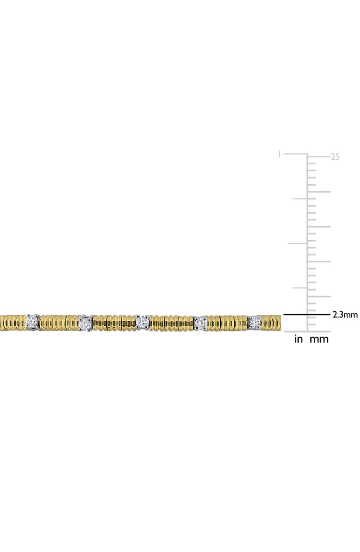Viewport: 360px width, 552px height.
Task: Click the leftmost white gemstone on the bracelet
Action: click(x=32, y=321)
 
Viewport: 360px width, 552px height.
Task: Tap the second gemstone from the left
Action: click(x=85, y=322)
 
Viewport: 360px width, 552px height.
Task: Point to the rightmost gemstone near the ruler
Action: click(x=255, y=321)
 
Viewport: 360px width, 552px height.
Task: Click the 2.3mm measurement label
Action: click(x=345, y=315)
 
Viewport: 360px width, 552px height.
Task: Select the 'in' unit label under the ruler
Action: click(x=299, y=339)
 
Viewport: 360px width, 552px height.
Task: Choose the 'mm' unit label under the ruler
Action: click(x=319, y=339)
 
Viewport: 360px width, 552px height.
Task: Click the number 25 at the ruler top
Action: click(x=336, y=156)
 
